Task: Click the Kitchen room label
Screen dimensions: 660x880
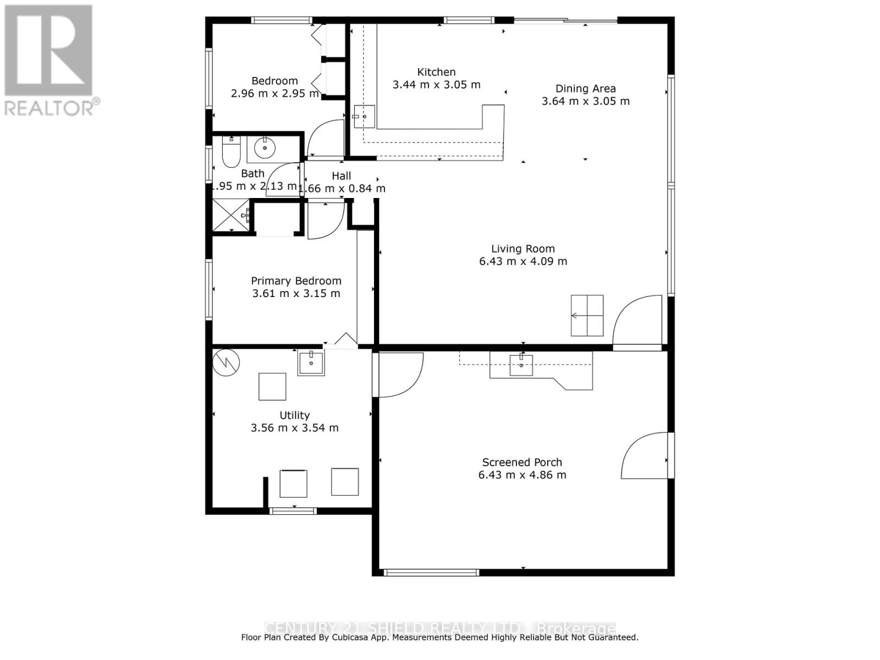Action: (436, 72)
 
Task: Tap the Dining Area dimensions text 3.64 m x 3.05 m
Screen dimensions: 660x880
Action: (585, 101)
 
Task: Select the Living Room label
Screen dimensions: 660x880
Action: (522, 249)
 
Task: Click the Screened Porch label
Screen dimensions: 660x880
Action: (522, 463)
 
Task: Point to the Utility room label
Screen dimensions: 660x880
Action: (294, 415)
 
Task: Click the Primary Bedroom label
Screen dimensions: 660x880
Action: (296, 281)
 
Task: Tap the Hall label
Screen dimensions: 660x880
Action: (341, 176)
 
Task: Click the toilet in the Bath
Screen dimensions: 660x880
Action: (230, 152)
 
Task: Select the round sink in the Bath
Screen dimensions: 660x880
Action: (266, 147)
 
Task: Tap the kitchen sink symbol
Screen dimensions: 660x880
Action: (364, 117)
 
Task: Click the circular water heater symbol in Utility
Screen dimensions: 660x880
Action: (227, 362)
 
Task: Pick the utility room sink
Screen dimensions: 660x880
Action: (311, 362)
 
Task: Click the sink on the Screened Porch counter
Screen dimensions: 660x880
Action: (521, 365)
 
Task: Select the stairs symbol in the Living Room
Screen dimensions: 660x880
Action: (587, 316)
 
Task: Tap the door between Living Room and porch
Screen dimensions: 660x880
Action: (638, 323)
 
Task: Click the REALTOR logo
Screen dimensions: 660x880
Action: (50, 61)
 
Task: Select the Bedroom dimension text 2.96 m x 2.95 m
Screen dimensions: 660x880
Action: (274, 94)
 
